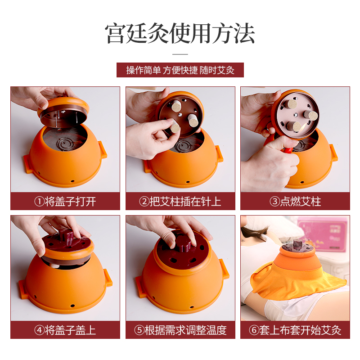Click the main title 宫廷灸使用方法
pyautogui.click(x=180, y=33)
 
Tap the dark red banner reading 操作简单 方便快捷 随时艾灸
pyautogui.click(x=180, y=70)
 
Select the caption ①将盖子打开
pyautogui.click(x=65, y=202)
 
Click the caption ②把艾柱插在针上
pyautogui.click(x=180, y=202)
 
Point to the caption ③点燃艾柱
pyautogui.click(x=295, y=202)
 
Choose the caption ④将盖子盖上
pyautogui.click(x=65, y=330)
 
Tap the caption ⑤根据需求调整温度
pyautogui.click(x=180, y=330)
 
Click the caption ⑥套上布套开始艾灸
pyautogui.click(x=295, y=330)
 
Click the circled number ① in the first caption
pyautogui.click(x=39, y=202)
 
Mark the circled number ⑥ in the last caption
pyautogui.click(x=254, y=330)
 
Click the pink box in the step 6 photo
pyautogui.click(x=323, y=234)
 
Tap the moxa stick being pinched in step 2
pyautogui.click(x=175, y=127)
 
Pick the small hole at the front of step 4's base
pyautogui.click(x=72, y=306)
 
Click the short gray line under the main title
pyautogui.click(x=180, y=54)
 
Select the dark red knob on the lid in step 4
pyautogui.click(x=67, y=237)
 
